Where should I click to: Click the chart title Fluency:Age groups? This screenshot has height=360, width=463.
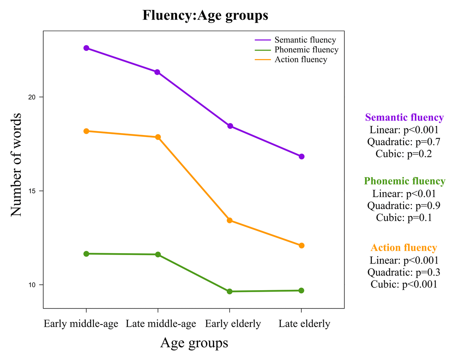[205, 15]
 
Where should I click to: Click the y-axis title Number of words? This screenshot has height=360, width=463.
[16, 165]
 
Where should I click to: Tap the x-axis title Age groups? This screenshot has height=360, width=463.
[194, 343]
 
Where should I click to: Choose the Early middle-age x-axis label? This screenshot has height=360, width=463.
[81, 324]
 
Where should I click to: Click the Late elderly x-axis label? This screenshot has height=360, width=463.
[304, 324]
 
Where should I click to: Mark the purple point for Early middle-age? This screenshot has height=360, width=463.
[86, 48]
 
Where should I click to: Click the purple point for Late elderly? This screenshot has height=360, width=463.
[302, 156]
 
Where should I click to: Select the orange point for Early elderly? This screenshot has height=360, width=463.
[230, 220]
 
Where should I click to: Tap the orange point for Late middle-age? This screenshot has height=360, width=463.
[158, 137]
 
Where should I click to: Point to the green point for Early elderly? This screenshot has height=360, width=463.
[230, 291]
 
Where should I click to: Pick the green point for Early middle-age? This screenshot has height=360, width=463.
[86, 254]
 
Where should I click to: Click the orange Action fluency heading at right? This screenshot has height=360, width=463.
[404, 248]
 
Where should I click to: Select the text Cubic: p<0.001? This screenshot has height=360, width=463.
[404, 284]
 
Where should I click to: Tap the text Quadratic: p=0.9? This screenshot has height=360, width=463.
[404, 205]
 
